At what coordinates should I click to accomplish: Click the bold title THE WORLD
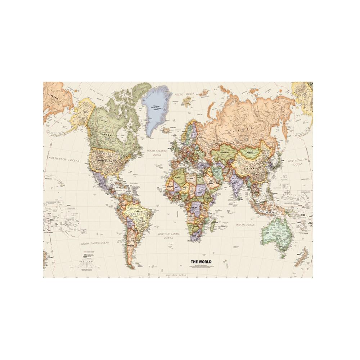click(x=201, y=262)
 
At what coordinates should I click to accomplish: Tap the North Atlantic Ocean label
click(x=157, y=153)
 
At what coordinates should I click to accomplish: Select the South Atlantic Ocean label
click(x=168, y=236)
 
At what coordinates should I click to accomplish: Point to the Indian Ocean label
click(x=245, y=225)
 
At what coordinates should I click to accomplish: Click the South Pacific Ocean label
click(x=94, y=243)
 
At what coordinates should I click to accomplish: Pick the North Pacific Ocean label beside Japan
click(x=298, y=162)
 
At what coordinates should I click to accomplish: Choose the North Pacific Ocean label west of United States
click(x=64, y=158)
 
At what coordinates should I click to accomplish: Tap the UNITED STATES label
click(x=105, y=161)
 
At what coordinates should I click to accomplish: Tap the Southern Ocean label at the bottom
click(x=176, y=275)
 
